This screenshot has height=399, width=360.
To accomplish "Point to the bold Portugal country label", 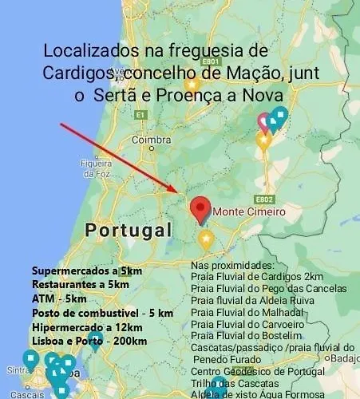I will click(128, 231).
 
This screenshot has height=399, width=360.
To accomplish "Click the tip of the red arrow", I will click(182, 192).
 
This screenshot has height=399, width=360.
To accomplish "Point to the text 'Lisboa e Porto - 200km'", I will click(89, 342).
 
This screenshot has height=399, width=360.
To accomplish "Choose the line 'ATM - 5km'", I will click(59, 298).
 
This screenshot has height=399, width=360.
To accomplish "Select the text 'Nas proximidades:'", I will click(233, 264).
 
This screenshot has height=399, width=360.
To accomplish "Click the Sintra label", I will click(16, 369).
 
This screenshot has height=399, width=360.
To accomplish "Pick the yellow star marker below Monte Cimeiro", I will click(206, 239).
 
